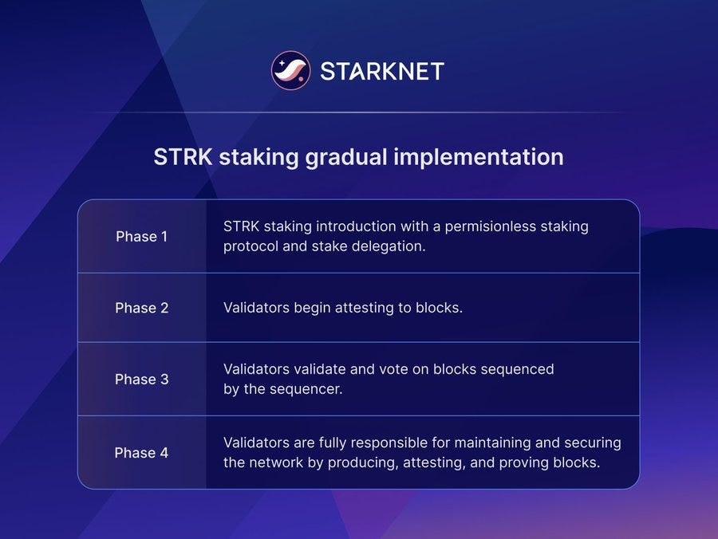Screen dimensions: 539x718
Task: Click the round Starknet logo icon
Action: (290, 71)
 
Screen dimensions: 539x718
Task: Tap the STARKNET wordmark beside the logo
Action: (381, 71)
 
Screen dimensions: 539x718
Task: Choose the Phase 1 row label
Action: (142, 237)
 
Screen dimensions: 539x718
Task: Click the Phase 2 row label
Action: (142, 308)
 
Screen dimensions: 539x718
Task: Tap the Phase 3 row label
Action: (142, 380)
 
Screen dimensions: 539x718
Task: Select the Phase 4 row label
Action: (142, 453)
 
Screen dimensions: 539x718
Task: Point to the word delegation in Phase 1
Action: (387, 246)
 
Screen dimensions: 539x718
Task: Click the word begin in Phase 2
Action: (313, 308)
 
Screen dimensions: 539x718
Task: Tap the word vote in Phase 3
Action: (377, 369)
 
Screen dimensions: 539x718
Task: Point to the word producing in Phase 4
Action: (345, 462)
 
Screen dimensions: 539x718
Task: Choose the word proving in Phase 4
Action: (526, 462)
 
